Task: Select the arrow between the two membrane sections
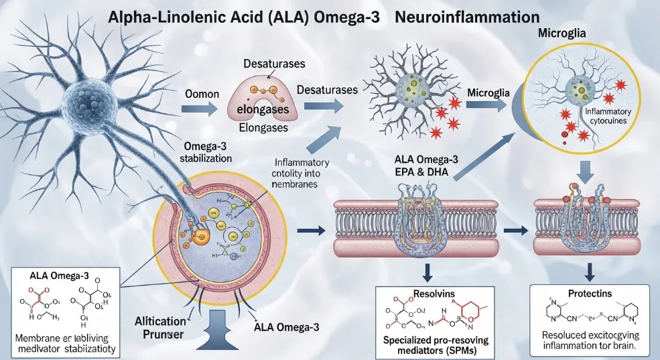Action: [x=513, y=231]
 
